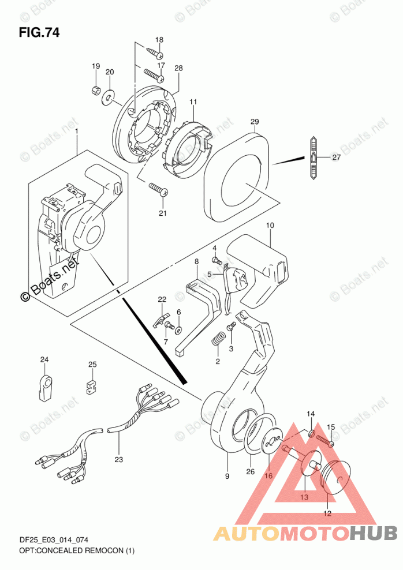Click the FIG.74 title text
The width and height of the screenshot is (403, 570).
[39, 31]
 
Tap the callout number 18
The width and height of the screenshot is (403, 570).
[159, 40]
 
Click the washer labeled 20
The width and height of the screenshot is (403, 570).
[107, 99]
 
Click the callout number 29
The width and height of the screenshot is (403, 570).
[255, 122]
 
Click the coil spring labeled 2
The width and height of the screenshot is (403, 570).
[217, 342]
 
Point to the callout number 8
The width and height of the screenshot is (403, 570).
[196, 262]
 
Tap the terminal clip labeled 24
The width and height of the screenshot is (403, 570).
[46, 386]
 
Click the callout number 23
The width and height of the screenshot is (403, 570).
[120, 459]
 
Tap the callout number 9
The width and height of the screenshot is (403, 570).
[227, 476]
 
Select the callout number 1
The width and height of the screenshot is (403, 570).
[76, 132]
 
